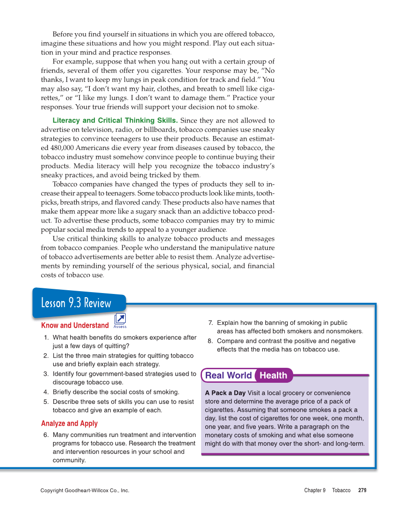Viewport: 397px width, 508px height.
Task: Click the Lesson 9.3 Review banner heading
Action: (76, 303)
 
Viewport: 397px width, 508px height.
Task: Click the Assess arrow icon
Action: (120, 320)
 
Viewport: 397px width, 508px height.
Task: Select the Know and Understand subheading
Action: (75, 325)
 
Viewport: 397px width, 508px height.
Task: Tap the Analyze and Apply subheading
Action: (69, 423)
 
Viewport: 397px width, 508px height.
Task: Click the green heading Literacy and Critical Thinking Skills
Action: (115, 121)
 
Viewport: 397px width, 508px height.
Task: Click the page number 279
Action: (362, 490)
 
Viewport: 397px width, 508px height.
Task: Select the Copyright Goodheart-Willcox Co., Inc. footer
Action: (85, 490)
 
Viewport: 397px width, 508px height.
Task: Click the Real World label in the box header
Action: (228, 375)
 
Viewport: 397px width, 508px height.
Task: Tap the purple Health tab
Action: (274, 375)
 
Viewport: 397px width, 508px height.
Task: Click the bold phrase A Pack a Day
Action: (225, 393)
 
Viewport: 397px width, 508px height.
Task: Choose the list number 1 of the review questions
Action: (46, 337)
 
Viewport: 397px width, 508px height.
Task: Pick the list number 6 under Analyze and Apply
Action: (46, 435)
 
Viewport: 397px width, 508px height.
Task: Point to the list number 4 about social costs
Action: (46, 392)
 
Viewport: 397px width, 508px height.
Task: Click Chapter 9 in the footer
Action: (314, 490)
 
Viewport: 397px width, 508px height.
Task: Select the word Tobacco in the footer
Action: (341, 490)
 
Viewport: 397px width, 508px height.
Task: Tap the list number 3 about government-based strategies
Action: (46, 374)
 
